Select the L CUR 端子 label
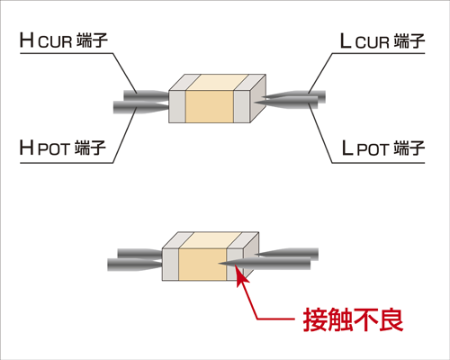click(x=382, y=40)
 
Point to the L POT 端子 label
click(x=382, y=148)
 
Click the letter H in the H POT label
click(x=26, y=148)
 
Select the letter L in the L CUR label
click(x=346, y=40)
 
